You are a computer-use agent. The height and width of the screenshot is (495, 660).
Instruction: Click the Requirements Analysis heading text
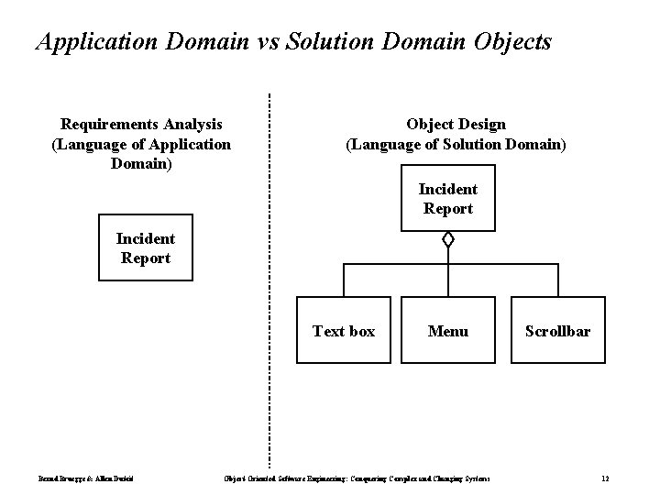(141, 124)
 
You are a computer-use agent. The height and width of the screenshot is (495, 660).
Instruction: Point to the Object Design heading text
(456, 124)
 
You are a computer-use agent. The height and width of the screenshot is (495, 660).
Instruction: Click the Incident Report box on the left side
(146, 248)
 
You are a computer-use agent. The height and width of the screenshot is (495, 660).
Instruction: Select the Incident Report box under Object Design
(447, 198)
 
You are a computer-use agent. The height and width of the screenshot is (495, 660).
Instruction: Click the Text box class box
(344, 331)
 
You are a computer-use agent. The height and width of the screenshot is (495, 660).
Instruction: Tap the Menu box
(447, 331)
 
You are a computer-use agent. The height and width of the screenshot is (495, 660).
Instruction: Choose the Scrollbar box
(557, 331)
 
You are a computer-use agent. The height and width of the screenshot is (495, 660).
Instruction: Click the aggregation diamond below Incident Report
(447, 241)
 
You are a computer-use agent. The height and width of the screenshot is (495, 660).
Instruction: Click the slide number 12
(605, 478)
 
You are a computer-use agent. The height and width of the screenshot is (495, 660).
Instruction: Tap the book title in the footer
(357, 478)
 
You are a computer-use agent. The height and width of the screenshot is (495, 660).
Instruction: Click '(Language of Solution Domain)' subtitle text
(456, 144)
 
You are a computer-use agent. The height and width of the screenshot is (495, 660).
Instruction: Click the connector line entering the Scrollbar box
(557, 280)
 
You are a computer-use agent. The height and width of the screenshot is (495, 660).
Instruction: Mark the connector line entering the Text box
(344, 280)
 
